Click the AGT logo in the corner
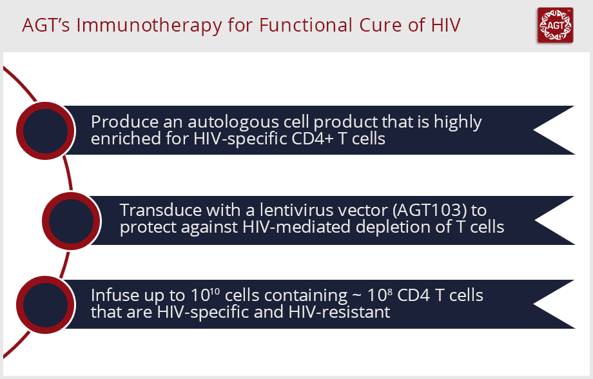click(x=555, y=25)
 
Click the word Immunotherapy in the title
click(x=149, y=26)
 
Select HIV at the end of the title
click(x=446, y=25)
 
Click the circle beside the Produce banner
click(x=45, y=130)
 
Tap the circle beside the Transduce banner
click(x=71, y=221)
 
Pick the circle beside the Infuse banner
click(x=45, y=304)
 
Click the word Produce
click(x=125, y=122)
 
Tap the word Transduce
click(x=160, y=210)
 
